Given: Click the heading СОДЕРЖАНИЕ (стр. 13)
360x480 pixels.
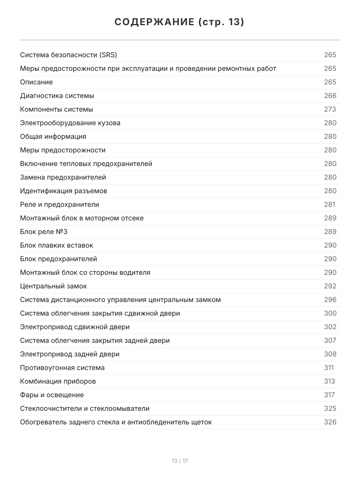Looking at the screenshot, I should pos(180,22).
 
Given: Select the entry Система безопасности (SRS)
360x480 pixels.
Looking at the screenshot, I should pos(68,55).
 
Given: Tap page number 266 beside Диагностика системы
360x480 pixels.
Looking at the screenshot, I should pos(330,96).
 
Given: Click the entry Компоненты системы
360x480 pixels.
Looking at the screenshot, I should pos(56,109).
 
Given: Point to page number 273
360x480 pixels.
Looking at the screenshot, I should pos(330,109).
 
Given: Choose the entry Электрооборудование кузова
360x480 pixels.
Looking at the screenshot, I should pos(70,123).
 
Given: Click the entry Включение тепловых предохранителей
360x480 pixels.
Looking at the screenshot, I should pos(86,164).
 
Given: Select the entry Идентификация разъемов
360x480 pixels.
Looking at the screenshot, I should pos(64,191).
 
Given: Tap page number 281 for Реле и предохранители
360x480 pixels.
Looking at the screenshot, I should pos(330,204).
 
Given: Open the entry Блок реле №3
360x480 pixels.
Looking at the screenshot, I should pos(44,232).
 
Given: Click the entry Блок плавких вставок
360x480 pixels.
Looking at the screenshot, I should pos(56,245).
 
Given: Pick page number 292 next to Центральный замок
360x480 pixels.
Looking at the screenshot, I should pos(330,286).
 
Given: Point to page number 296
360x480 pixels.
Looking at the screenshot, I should pos(330,300).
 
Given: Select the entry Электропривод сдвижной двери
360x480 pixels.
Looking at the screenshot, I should pos(75,327).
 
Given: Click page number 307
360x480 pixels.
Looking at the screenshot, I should pos(330,340).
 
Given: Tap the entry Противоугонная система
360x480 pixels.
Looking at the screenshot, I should pos(62,368).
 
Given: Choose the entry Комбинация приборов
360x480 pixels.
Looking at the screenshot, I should pos(58,381).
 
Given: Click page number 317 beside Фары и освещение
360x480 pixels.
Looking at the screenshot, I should pos(329,395).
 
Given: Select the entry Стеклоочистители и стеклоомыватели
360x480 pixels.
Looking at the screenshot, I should pos(85,408).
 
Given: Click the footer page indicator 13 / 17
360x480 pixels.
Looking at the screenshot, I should pos(180,461).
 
